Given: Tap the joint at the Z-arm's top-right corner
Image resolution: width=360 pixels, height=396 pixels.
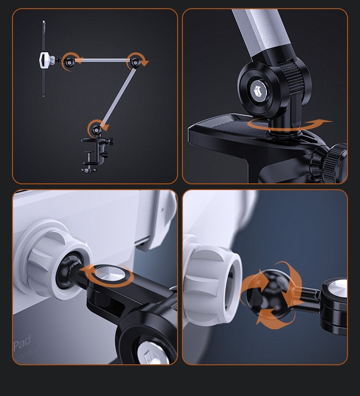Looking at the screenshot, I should (136, 61).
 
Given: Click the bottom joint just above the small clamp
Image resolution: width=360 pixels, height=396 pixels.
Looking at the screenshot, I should (96, 129).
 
